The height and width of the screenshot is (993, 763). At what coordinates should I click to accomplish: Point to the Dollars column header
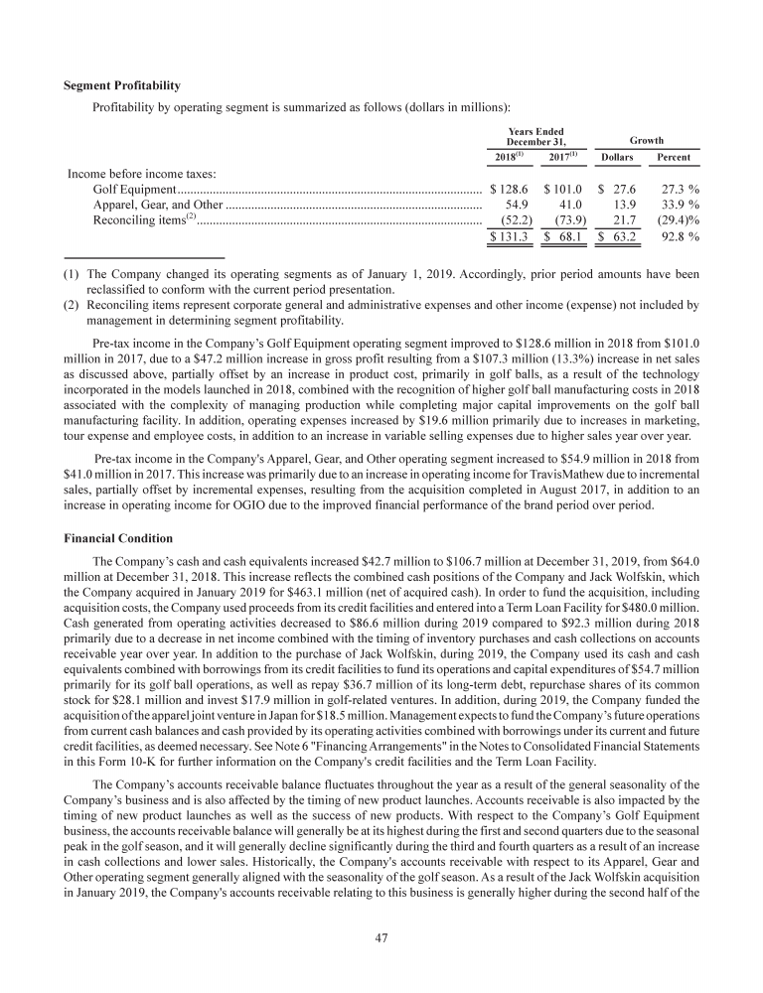[x=618, y=159]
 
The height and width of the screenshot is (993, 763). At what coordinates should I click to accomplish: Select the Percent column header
[x=675, y=159]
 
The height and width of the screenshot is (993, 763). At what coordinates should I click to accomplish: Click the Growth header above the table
[x=646, y=141]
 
